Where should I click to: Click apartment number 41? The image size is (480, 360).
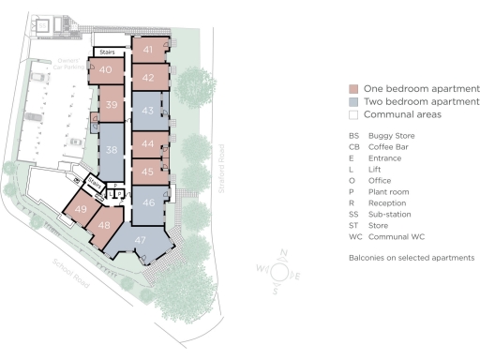[148, 49]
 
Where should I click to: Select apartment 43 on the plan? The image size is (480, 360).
[148, 111]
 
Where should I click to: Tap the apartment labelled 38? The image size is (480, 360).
[112, 150]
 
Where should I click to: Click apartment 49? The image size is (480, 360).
[82, 209]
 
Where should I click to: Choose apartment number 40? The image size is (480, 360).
[106, 70]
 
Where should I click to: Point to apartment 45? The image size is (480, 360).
[148, 172]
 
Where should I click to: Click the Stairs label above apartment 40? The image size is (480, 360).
[109, 52]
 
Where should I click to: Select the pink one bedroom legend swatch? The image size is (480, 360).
[352, 88]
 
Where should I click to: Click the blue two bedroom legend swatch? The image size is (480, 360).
[352, 101]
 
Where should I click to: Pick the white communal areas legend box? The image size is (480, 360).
[352, 114]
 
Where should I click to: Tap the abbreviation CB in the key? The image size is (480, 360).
[353, 146]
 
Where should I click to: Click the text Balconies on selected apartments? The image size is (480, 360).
[411, 257]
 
